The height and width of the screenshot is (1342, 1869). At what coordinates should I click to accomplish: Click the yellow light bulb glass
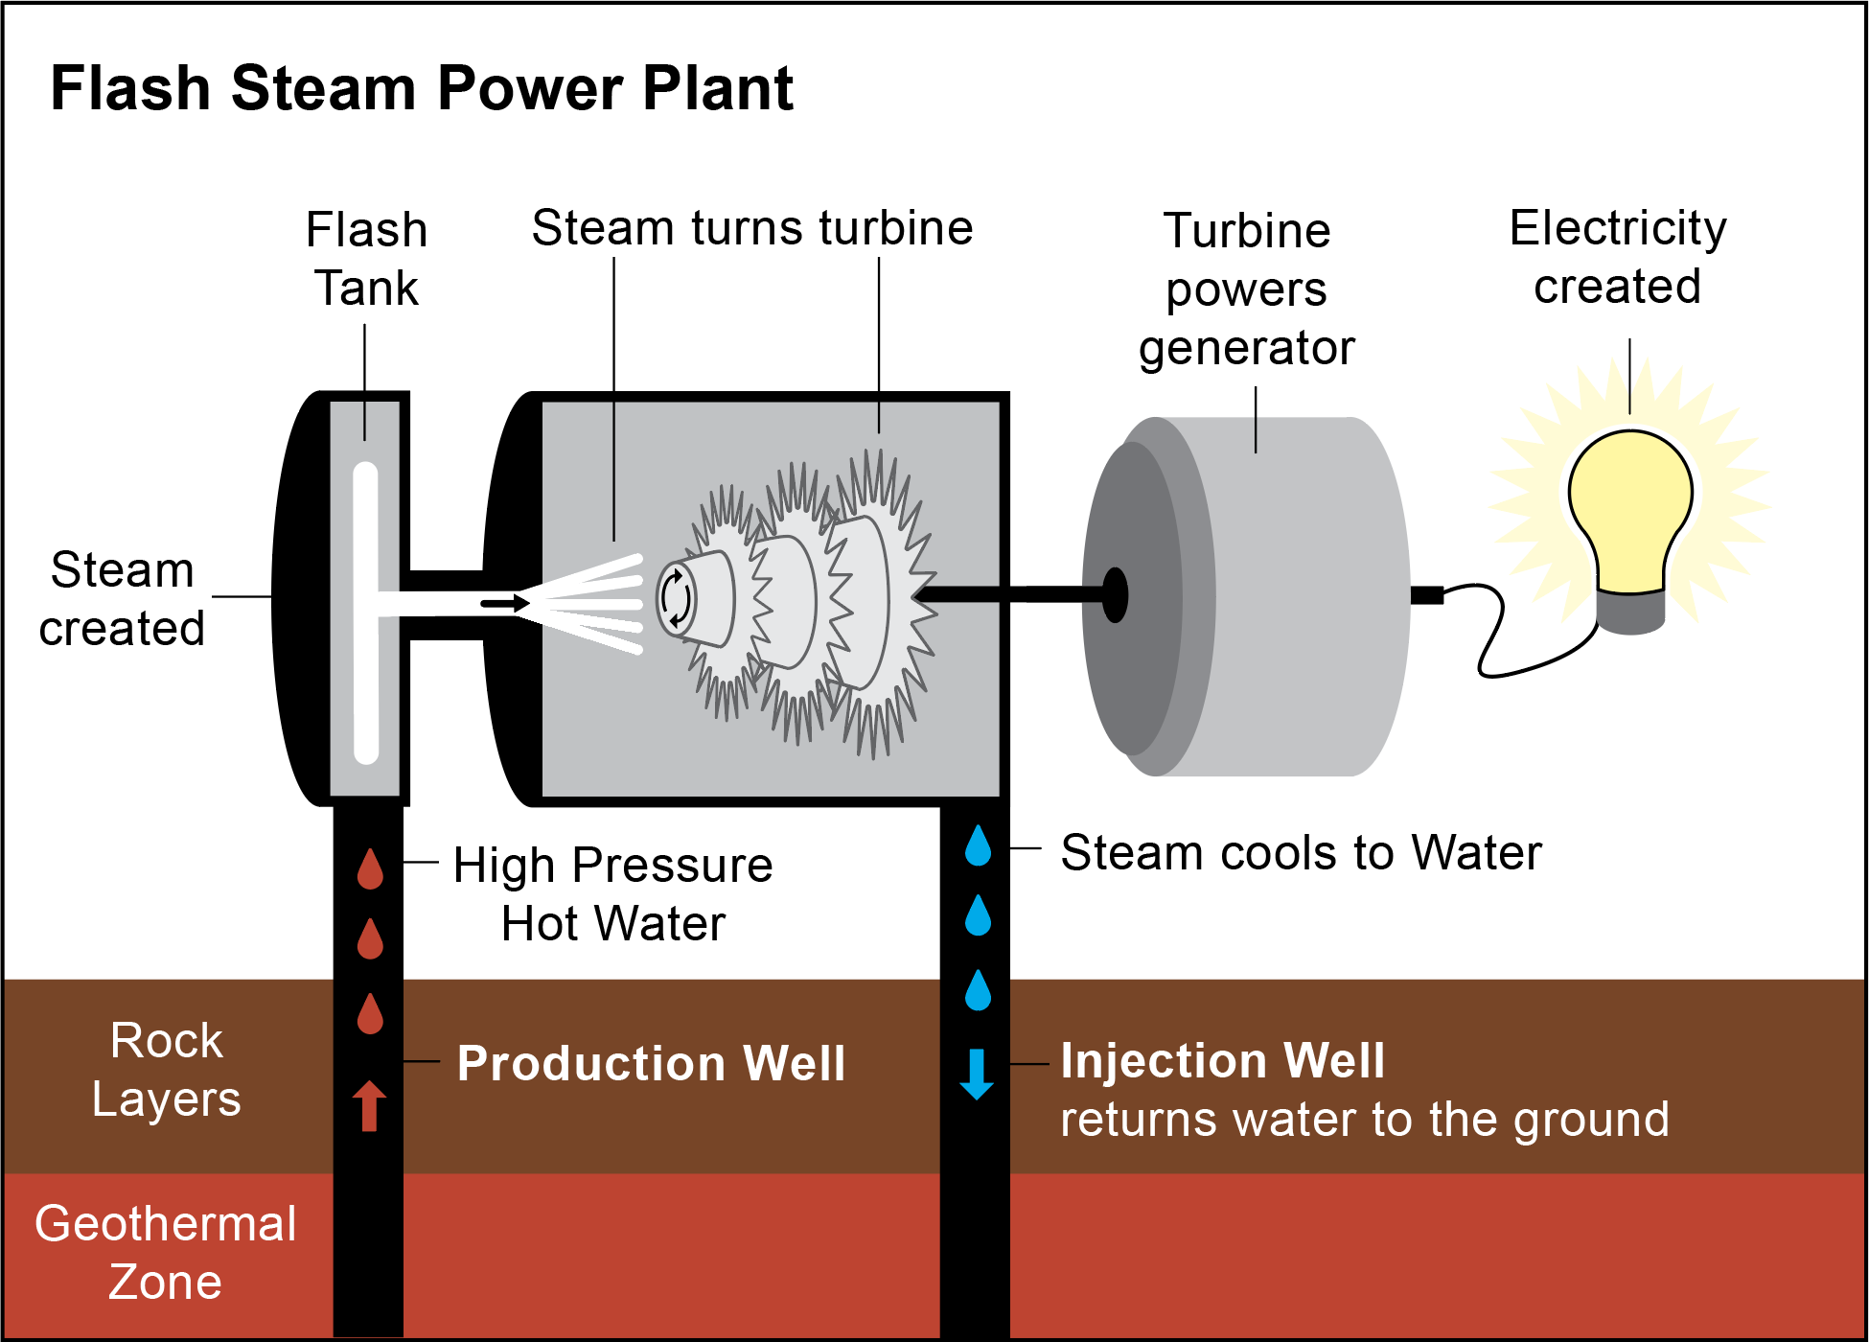(x=1629, y=503)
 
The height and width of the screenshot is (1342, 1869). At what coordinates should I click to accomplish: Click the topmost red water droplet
(x=370, y=868)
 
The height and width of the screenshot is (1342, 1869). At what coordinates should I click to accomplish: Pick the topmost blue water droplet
(x=978, y=845)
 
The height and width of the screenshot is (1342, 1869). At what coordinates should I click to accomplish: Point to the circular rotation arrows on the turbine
(x=675, y=598)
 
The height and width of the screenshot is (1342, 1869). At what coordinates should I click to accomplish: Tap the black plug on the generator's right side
(x=1426, y=595)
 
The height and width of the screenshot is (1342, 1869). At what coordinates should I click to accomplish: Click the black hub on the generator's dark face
(x=1115, y=595)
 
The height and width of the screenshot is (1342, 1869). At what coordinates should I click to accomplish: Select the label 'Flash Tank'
(x=366, y=259)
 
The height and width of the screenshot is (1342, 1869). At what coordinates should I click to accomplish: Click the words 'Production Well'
(x=651, y=1063)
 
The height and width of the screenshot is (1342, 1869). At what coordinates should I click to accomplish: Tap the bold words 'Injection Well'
(x=1222, y=1060)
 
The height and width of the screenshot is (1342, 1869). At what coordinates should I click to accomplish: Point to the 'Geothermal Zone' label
(x=165, y=1252)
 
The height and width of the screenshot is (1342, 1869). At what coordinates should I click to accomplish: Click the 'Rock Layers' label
(x=166, y=1069)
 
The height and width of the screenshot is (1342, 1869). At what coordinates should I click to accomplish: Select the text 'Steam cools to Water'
(x=1301, y=852)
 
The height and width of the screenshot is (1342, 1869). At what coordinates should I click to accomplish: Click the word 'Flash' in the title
(x=129, y=88)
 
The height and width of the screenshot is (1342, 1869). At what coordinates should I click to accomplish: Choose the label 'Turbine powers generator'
(x=1246, y=289)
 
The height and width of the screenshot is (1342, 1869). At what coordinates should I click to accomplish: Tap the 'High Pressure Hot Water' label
(x=612, y=893)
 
